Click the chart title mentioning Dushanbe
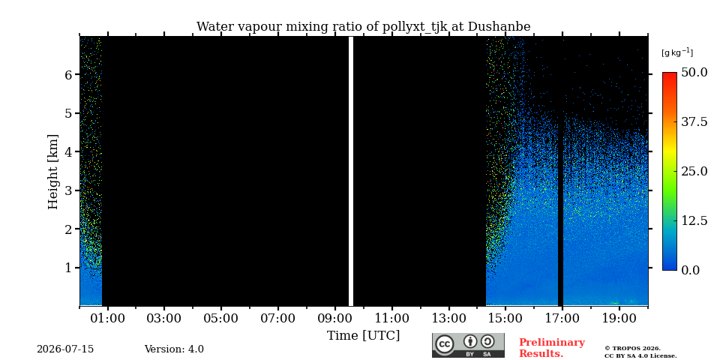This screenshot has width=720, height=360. click(x=363, y=27)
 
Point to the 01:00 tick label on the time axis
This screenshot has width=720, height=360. click(x=108, y=318)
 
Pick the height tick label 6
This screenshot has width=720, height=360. click(x=70, y=74)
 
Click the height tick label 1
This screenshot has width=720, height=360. click(x=70, y=268)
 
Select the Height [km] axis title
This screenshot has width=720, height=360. click(x=53, y=172)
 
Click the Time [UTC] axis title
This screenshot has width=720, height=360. click(x=363, y=336)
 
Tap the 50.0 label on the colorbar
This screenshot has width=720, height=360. click(x=694, y=72)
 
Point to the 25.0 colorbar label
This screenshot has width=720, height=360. click(x=694, y=171)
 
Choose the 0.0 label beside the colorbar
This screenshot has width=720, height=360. click(x=691, y=270)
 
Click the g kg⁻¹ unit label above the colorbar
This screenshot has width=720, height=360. click(x=677, y=52)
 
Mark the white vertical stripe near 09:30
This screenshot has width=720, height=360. click(x=351, y=171)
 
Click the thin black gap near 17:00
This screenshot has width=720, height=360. click(x=560, y=209)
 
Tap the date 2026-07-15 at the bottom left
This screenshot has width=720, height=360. click(x=65, y=349)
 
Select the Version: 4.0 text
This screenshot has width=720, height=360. click(x=174, y=349)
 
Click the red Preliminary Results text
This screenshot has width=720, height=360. click(x=552, y=348)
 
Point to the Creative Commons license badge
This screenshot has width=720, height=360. click(x=468, y=345)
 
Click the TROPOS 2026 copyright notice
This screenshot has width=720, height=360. click(x=640, y=352)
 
